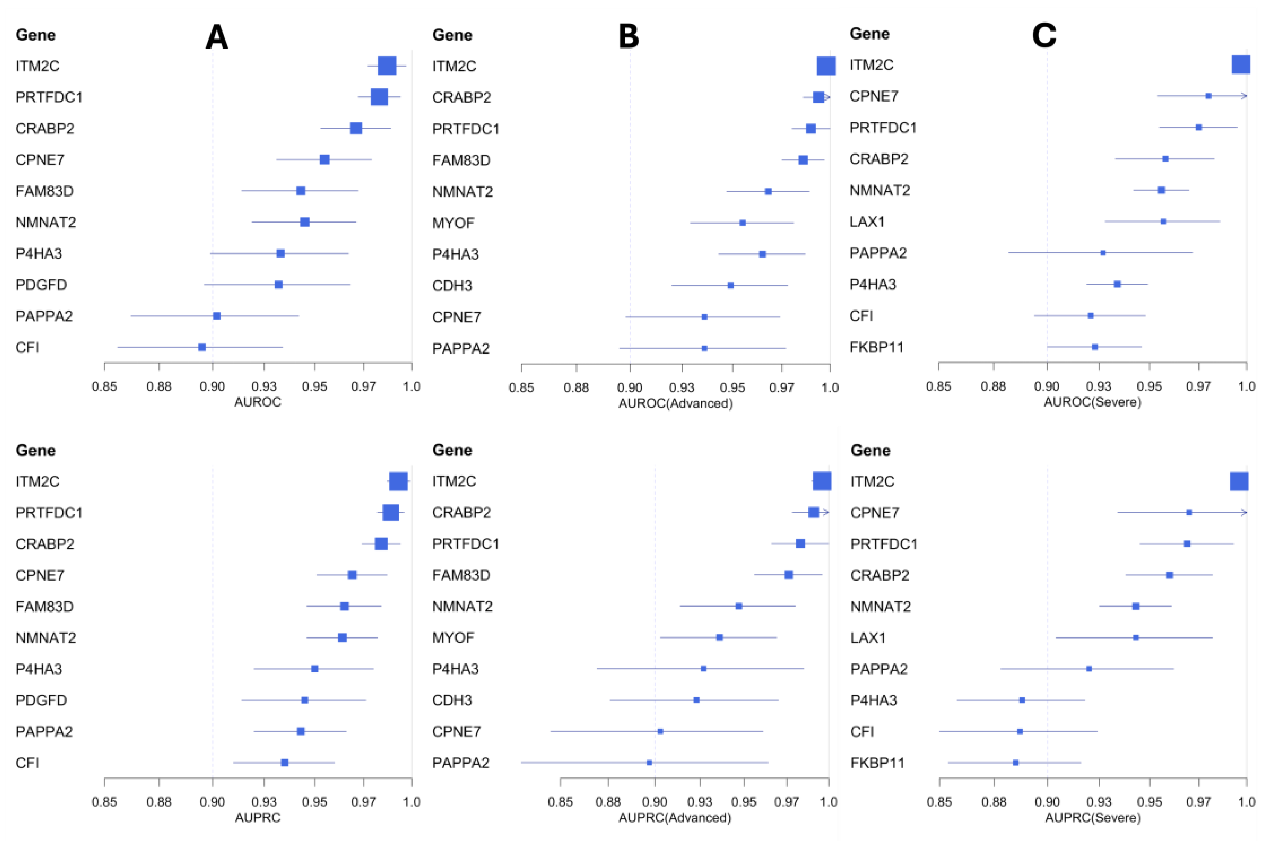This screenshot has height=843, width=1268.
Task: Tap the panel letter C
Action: tap(1044, 37)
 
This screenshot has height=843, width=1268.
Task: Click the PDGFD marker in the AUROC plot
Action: tap(278, 284)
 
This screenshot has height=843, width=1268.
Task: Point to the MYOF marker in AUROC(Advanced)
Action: tap(743, 223)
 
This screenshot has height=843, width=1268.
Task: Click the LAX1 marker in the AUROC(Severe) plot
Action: tap(1163, 221)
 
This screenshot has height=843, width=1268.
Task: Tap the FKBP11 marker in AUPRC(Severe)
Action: tap(1015, 762)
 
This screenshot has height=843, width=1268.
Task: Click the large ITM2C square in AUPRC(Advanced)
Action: tap(822, 481)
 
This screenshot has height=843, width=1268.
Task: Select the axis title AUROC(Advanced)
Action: tap(675, 403)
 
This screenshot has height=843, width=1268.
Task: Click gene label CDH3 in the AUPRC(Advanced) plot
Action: tap(452, 700)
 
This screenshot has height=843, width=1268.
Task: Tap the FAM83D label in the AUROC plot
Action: tap(44, 191)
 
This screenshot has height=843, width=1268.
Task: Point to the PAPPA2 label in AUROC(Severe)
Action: tap(878, 253)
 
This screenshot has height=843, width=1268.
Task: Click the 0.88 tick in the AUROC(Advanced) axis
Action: tap(576, 387)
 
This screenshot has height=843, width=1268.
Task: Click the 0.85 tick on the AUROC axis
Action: tap(104, 386)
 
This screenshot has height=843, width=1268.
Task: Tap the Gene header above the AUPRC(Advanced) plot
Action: tap(452, 450)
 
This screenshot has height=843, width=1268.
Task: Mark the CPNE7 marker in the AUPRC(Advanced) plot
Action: tap(660, 731)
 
